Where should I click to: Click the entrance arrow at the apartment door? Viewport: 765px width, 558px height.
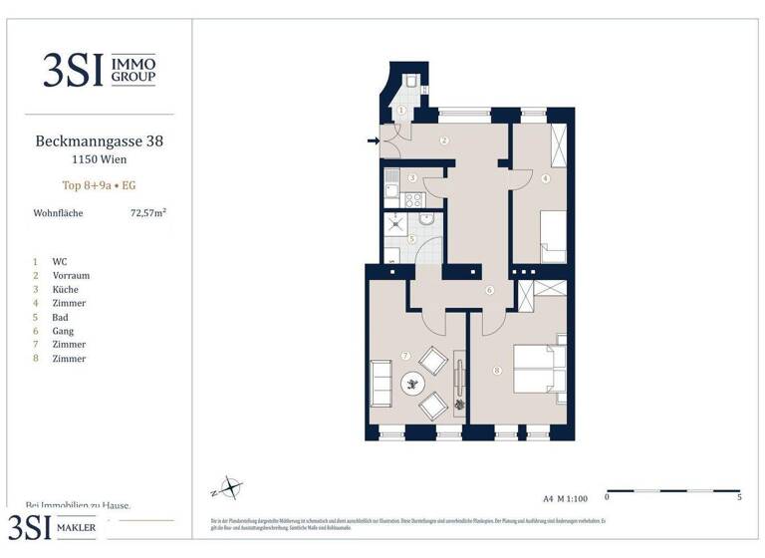point(374,140)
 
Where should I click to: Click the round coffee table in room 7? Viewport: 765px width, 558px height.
point(411,382)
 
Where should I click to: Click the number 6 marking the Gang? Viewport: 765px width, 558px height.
point(489,291)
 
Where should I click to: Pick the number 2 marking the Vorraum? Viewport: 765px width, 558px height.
point(443,140)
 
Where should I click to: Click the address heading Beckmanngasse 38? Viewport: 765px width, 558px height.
point(99,141)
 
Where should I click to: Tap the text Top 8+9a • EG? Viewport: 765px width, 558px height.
point(99,184)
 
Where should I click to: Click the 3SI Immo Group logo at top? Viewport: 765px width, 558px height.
point(99,69)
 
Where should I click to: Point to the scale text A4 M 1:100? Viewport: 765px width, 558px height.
point(565,496)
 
